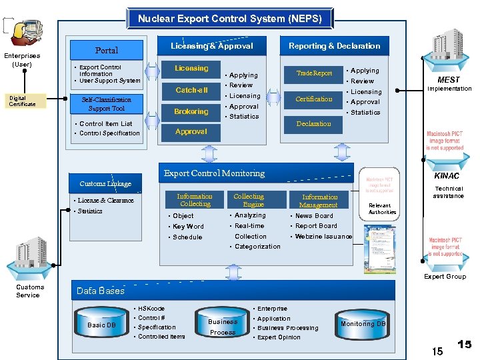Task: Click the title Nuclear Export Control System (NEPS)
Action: click(x=229, y=18)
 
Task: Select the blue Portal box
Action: click(x=107, y=50)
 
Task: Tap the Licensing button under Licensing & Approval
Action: click(x=191, y=69)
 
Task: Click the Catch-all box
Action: click(x=191, y=90)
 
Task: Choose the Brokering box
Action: click(x=191, y=111)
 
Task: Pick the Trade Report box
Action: click(x=314, y=73)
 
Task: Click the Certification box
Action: click(x=314, y=99)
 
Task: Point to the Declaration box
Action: click(x=314, y=123)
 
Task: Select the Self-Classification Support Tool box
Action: click(x=107, y=104)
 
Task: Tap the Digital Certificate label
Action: click(x=22, y=101)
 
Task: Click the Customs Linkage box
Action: click(x=105, y=183)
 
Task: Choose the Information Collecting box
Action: click(x=195, y=200)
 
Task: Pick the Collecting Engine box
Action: click(x=249, y=200)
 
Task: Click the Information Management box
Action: click(x=319, y=201)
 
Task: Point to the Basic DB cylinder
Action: click(x=101, y=324)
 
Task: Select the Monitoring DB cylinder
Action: click(x=363, y=323)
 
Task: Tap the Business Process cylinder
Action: click(x=223, y=326)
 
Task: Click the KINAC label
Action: click(x=446, y=176)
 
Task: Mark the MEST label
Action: click(x=449, y=80)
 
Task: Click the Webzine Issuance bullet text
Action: click(x=323, y=237)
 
